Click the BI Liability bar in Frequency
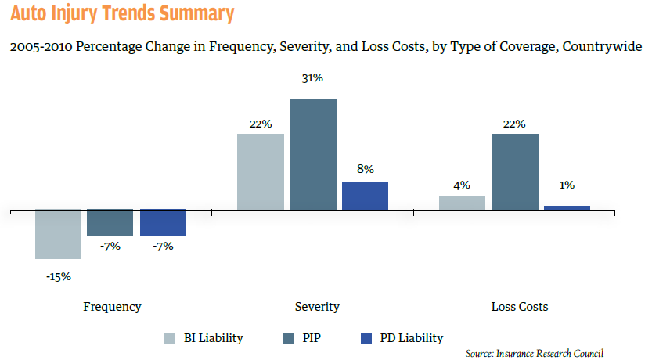58,234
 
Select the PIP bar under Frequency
110,222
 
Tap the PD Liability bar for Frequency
163,222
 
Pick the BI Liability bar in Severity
261,171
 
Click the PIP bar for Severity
313,154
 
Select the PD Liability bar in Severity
365,196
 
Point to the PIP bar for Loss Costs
515,171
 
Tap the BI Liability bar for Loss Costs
462,203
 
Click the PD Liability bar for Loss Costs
567,207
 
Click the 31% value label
313,79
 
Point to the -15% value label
58,276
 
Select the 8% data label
365,168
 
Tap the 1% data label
567,185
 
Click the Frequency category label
112,307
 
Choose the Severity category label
316,307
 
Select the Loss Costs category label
520,307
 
